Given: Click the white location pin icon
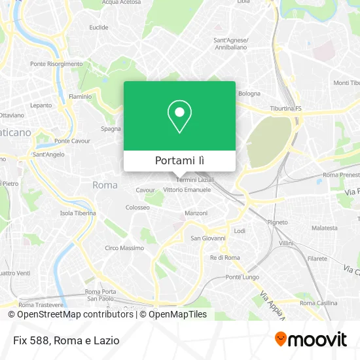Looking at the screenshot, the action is [x=179, y=116].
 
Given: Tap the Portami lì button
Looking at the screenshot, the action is [x=179, y=161].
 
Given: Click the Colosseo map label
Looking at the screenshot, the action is [x=138, y=207].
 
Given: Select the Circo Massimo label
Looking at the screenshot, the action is [x=124, y=248].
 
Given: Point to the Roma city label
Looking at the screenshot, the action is [x=105, y=185].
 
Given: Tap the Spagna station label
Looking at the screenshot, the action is [x=111, y=128].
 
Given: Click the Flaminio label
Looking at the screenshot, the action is [x=81, y=96].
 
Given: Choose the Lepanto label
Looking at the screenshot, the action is [x=41, y=105].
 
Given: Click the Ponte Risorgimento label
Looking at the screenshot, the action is [x=56, y=64].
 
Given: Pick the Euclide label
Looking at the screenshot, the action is [x=99, y=27].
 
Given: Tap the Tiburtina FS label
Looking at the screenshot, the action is [x=285, y=108].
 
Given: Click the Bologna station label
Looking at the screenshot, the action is [x=249, y=93].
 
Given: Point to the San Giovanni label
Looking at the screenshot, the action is [x=208, y=238].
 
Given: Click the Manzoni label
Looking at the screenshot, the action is [x=196, y=213].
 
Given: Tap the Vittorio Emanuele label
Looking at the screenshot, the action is [x=187, y=190].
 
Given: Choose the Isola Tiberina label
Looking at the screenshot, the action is [x=78, y=213].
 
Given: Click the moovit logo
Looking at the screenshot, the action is [x=311, y=339].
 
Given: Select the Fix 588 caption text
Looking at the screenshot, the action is [x=64, y=340].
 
